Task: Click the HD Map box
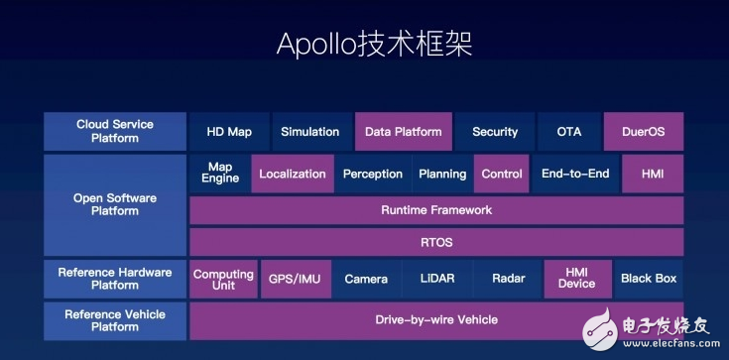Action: pos(229,132)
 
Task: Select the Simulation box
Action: pos(310,132)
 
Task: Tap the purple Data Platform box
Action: pos(403,132)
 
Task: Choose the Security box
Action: pos(495,132)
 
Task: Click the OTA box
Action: pos(569,132)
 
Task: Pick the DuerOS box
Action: pos(644,132)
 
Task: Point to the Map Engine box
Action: pos(220,174)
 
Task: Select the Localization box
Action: pos(293,174)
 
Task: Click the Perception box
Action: pos(373,174)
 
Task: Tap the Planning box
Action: pos(442,174)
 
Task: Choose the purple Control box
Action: pos(501,174)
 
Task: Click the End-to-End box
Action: pos(575,174)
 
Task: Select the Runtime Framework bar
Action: pos(436,210)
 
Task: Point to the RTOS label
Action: pos(436,242)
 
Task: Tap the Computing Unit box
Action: pos(223,279)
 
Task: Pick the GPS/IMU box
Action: pos(296,279)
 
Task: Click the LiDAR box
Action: pos(437,279)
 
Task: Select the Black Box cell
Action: pos(649,279)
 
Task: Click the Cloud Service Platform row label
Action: pos(115,131)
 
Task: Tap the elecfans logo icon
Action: pos(600,329)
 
